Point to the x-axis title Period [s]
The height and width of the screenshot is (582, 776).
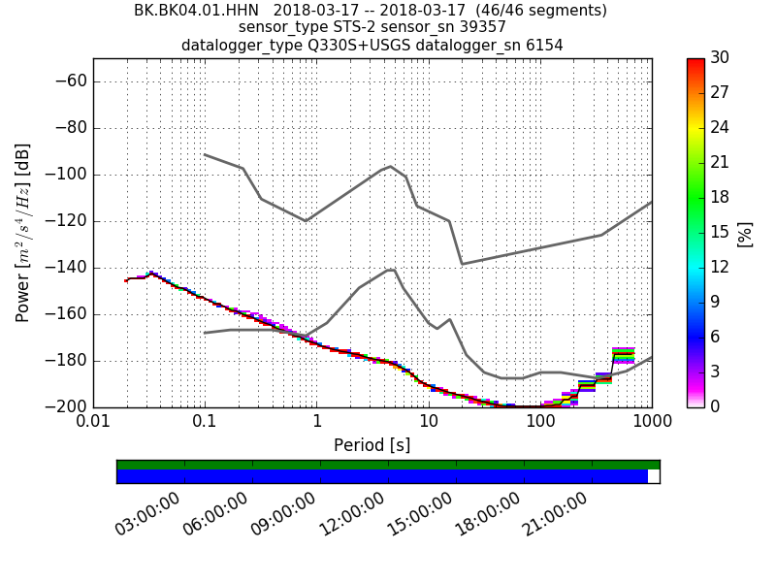(x=372, y=445)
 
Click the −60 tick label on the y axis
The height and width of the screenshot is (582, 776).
(x=69, y=81)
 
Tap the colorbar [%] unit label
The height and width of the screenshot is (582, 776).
(x=746, y=233)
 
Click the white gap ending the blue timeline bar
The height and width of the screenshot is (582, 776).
(x=654, y=476)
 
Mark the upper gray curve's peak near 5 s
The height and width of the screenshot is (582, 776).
(x=390, y=166)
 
